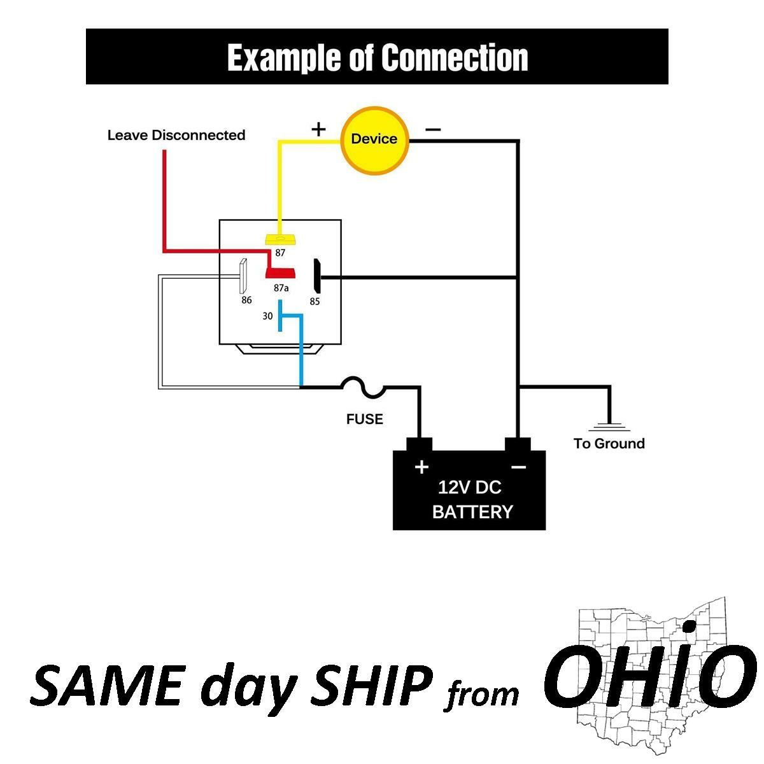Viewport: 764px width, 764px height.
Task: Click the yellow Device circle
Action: [x=374, y=139]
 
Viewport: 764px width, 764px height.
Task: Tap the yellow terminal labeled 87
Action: [x=281, y=239]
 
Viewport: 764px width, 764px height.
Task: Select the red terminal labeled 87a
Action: [x=280, y=272]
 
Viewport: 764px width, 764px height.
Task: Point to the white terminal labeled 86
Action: [x=243, y=276]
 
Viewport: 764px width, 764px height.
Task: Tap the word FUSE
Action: [x=365, y=419]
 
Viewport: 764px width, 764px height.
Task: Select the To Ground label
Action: [x=609, y=444]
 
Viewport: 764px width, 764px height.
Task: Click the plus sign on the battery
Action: [x=421, y=467]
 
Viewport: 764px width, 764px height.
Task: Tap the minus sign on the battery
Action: [x=518, y=467]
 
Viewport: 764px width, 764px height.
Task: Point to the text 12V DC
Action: [x=469, y=488]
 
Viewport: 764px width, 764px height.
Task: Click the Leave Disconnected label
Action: [x=176, y=135]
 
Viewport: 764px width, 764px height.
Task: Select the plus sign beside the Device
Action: [x=318, y=129]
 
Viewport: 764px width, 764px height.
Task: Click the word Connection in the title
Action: [x=455, y=57]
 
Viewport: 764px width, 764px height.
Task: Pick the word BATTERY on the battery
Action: [x=472, y=512]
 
